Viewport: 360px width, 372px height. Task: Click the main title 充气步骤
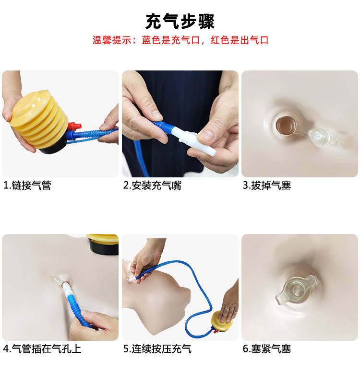pos(180,22)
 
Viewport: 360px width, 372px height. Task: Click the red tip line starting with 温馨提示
pos(180,40)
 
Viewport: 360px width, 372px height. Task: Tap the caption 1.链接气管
pos(27,186)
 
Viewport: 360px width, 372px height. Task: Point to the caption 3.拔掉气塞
pos(267,186)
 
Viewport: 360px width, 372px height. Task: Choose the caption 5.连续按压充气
pos(157,349)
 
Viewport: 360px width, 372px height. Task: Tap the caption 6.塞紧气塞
pos(267,349)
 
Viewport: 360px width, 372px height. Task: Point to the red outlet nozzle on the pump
pos(72,127)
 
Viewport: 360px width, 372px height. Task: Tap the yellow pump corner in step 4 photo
pos(103,244)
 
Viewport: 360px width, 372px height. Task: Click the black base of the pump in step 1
pos(53,149)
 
